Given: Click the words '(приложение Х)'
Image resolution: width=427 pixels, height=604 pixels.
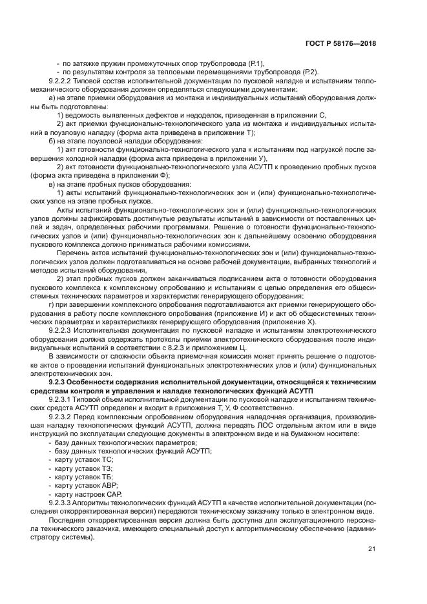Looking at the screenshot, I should coord(300,320).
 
